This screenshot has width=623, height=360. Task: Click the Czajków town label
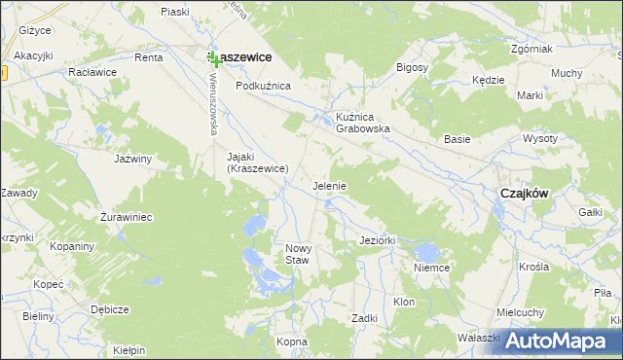point(524,193)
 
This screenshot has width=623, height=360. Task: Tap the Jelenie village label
point(329,185)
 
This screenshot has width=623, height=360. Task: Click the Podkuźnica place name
point(263,86)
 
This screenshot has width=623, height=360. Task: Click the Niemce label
point(431,267)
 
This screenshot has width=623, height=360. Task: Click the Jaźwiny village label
point(133,158)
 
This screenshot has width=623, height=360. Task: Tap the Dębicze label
point(109,309)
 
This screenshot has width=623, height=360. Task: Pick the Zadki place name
point(364,318)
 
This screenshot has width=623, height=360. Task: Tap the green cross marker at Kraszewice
point(213,60)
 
